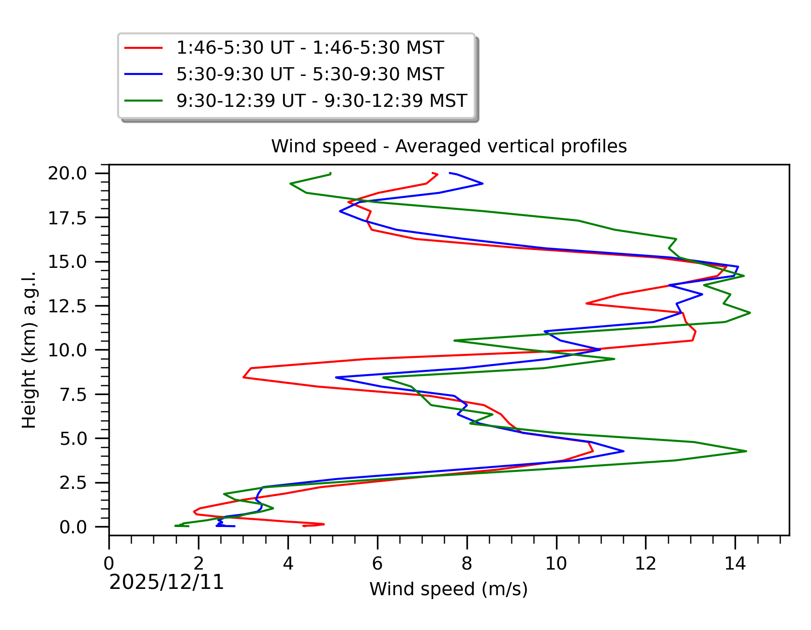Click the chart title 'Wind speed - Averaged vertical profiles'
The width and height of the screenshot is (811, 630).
coord(449,146)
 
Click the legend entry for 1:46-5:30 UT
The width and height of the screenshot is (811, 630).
coord(310,48)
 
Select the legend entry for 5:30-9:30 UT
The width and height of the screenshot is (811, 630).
coord(310,74)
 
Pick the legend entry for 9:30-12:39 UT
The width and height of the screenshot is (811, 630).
coord(321,101)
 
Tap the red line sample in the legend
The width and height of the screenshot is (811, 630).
coord(143,48)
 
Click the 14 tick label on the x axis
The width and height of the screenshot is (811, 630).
coord(735,563)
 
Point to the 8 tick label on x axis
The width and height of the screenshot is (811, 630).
coord(466,563)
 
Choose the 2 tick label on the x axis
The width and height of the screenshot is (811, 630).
coord(198,563)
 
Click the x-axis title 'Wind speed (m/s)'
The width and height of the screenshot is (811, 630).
coord(449,589)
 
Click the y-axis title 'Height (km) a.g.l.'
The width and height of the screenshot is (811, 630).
coord(29,350)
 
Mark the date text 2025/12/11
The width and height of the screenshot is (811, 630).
coord(166,582)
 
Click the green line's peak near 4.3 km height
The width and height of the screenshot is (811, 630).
coord(746,451)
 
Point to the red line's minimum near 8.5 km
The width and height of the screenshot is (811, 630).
coord(243,377)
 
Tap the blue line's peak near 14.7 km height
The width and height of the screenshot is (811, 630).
coord(738,266)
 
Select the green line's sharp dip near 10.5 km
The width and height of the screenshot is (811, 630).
coord(454,340)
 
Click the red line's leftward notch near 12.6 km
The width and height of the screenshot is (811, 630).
coord(586,303)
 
